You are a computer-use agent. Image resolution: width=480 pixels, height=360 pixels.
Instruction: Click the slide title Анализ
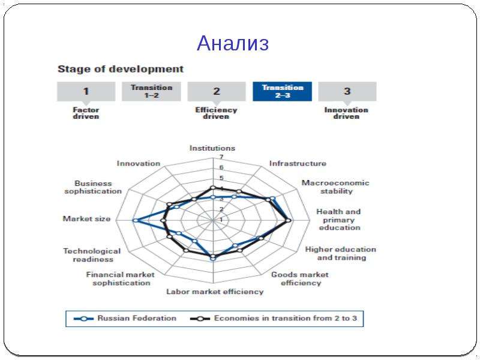coord(233,43)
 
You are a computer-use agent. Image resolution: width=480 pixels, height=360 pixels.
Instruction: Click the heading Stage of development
coord(121,69)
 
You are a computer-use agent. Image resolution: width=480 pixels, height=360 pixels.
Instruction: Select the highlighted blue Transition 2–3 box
coord(282,91)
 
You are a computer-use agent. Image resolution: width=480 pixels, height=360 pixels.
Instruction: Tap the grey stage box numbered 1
coord(86,91)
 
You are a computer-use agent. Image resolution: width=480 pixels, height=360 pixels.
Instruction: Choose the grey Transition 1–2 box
coord(151,91)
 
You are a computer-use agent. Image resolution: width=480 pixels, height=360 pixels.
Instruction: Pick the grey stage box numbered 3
coord(347,91)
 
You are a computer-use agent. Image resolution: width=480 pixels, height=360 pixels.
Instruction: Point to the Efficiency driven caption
coord(216,113)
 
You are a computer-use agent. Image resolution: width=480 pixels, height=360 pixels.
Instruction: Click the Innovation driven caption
coord(346,113)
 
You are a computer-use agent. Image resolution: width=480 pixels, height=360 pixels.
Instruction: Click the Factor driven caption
coord(86,113)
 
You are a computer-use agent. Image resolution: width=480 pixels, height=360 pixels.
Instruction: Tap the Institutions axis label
coord(212,148)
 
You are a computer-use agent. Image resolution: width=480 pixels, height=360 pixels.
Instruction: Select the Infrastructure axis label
coord(298,163)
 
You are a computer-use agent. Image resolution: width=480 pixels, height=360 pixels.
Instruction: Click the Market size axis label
coord(86,218)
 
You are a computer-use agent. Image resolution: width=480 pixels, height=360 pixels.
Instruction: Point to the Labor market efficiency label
coord(215,292)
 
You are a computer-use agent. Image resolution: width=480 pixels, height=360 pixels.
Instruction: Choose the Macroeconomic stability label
coord(335,187)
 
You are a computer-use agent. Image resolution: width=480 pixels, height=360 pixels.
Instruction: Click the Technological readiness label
coord(92,255)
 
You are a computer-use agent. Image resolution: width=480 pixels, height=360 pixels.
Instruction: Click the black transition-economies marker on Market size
coord(163,220)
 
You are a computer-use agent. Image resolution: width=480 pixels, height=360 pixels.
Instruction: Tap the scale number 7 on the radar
coord(221,157)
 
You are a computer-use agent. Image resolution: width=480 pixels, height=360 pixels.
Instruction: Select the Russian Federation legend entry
coord(125,319)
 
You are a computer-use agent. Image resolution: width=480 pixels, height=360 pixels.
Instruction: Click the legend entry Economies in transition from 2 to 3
coord(274,319)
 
